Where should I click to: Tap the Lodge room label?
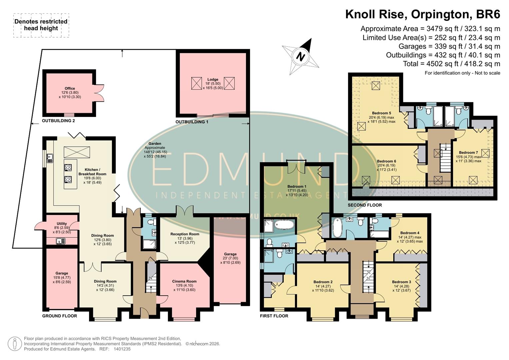(213, 80)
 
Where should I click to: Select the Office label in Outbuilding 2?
(70, 89)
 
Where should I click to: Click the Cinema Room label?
(184, 281)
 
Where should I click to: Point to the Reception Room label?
(185, 234)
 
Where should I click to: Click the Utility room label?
(62, 224)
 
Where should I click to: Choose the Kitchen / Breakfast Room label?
(92, 172)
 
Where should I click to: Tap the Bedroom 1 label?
(297, 187)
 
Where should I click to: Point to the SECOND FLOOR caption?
(365, 205)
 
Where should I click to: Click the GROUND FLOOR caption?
(59, 316)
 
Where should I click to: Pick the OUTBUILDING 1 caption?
(192, 122)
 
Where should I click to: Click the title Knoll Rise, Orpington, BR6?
(422, 14)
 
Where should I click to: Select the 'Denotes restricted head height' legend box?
(41, 25)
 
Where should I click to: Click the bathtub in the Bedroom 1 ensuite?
(284, 225)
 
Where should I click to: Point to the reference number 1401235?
(122, 349)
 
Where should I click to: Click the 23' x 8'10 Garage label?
(230, 254)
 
